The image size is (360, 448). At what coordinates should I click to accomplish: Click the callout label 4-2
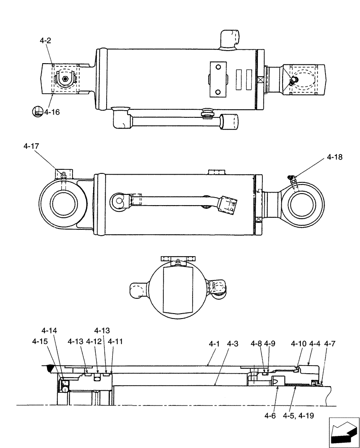[x=45, y=40]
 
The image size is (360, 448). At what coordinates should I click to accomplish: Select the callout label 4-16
[x=52, y=112]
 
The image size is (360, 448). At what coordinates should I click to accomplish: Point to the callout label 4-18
[x=334, y=157]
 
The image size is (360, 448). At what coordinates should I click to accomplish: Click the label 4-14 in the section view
[x=49, y=331]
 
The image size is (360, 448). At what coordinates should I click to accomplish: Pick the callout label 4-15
[x=40, y=341]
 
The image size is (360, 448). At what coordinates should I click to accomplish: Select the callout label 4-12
[x=94, y=341]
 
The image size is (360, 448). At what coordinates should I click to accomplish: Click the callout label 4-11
[x=115, y=341]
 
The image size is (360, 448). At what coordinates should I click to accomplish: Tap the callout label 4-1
[x=214, y=344]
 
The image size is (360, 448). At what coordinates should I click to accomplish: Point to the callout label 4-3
[x=232, y=344]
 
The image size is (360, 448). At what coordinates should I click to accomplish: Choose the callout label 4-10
[x=299, y=344]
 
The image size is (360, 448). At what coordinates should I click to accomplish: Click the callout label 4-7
[x=330, y=344]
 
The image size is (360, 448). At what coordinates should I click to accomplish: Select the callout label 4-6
[x=270, y=416]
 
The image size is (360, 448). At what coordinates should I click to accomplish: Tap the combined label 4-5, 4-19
[x=298, y=416]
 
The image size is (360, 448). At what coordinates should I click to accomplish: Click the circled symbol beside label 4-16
[x=37, y=112]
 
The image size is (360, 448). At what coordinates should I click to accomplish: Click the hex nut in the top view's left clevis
[x=65, y=79]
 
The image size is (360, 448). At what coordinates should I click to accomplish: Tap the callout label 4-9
[x=270, y=344]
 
